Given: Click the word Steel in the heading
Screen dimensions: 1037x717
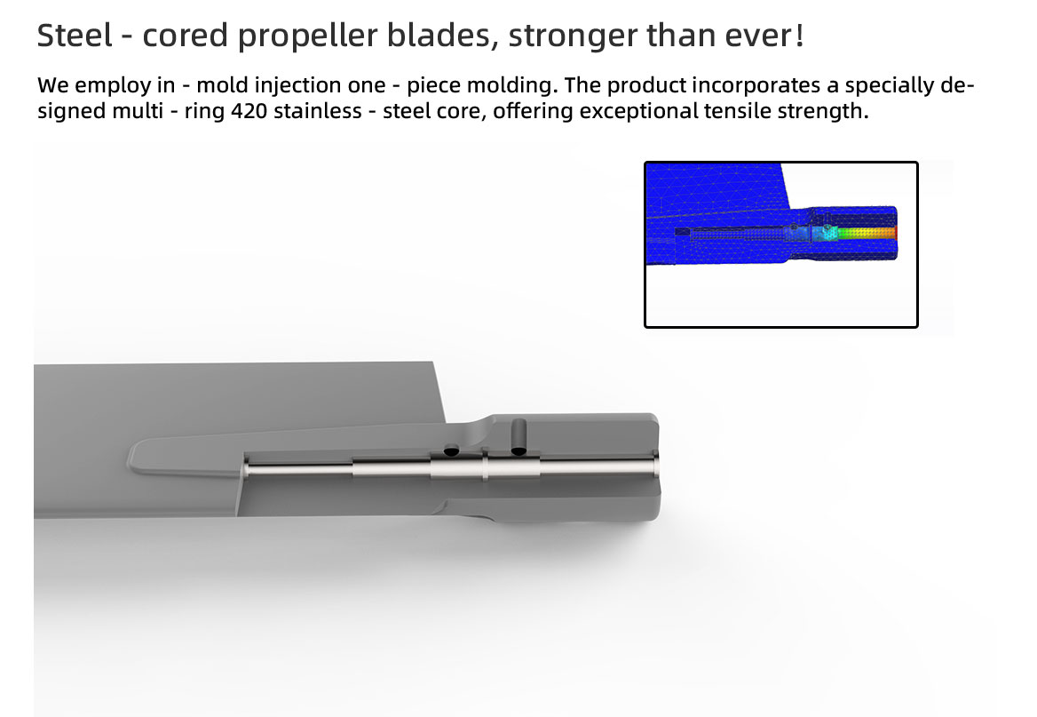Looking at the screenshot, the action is click(74, 35).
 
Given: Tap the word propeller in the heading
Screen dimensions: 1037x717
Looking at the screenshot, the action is click(307, 37).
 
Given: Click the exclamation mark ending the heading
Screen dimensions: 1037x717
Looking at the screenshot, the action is click(800, 36).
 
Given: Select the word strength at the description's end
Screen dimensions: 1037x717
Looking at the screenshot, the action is click(823, 112).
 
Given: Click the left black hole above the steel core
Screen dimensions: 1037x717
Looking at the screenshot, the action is click(451, 451).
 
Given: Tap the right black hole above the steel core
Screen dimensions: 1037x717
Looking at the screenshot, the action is click(519, 450).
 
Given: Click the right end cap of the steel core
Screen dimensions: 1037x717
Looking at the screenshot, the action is click(655, 463).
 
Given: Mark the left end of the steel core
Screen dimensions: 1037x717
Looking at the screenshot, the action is click(246, 468).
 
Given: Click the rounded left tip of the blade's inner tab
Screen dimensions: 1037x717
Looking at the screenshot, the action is click(131, 457).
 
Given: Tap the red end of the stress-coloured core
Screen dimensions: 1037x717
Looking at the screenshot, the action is click(893, 233).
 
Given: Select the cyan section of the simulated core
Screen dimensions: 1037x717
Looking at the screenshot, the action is click(827, 233).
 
